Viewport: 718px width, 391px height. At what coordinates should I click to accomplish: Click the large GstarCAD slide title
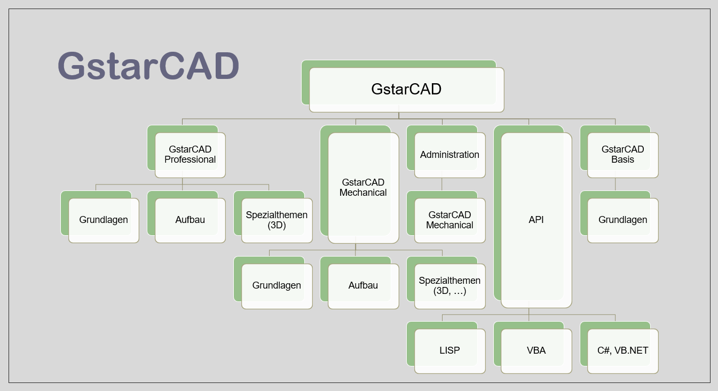[x=148, y=66]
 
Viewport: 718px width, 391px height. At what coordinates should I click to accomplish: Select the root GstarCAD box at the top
[x=406, y=89]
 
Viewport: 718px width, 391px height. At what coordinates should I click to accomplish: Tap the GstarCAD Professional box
[x=190, y=155]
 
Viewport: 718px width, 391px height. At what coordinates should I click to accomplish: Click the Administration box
[x=449, y=155]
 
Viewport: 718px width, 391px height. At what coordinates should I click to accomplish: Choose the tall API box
[x=536, y=220]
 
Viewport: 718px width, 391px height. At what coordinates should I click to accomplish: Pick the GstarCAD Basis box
[x=622, y=155]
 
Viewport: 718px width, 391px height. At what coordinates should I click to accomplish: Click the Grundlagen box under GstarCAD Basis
[x=622, y=220]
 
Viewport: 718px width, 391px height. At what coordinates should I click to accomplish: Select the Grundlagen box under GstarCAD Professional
[x=104, y=220]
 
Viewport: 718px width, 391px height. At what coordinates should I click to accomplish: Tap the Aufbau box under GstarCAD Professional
[x=190, y=220]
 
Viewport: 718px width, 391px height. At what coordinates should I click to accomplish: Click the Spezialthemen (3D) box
[x=277, y=220]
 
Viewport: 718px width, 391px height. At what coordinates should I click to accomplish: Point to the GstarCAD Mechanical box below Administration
[x=449, y=220]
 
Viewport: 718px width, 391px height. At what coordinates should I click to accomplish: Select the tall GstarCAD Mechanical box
[x=363, y=188]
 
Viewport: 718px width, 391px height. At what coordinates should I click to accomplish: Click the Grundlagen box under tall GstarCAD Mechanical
[x=277, y=285]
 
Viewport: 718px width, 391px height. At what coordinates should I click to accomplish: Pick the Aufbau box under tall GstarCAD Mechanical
[x=363, y=285]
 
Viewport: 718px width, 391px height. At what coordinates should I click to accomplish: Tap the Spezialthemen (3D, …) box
[x=449, y=285]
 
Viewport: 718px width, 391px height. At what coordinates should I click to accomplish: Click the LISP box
[x=449, y=350]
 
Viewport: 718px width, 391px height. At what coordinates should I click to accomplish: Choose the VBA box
[x=536, y=350]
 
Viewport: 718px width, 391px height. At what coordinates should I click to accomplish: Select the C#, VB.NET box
[x=622, y=350]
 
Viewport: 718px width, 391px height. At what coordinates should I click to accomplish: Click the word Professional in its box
[x=190, y=159]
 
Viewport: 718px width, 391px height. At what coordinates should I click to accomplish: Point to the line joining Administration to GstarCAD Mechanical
[x=441, y=185]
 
